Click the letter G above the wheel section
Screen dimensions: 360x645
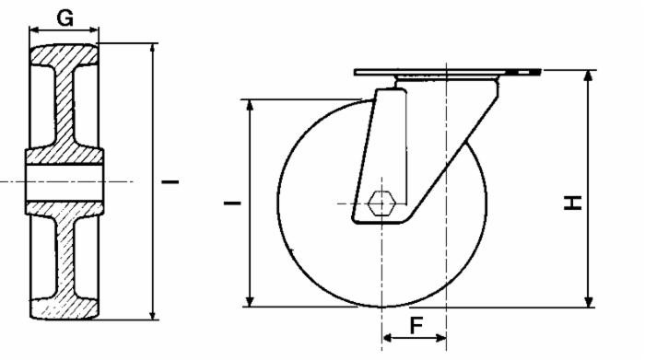coord(64,16)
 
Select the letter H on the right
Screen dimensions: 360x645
coord(573,202)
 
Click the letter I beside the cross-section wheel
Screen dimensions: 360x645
coord(170,181)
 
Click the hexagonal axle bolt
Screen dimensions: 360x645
coord(380,203)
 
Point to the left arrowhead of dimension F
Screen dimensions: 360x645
coord(385,339)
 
